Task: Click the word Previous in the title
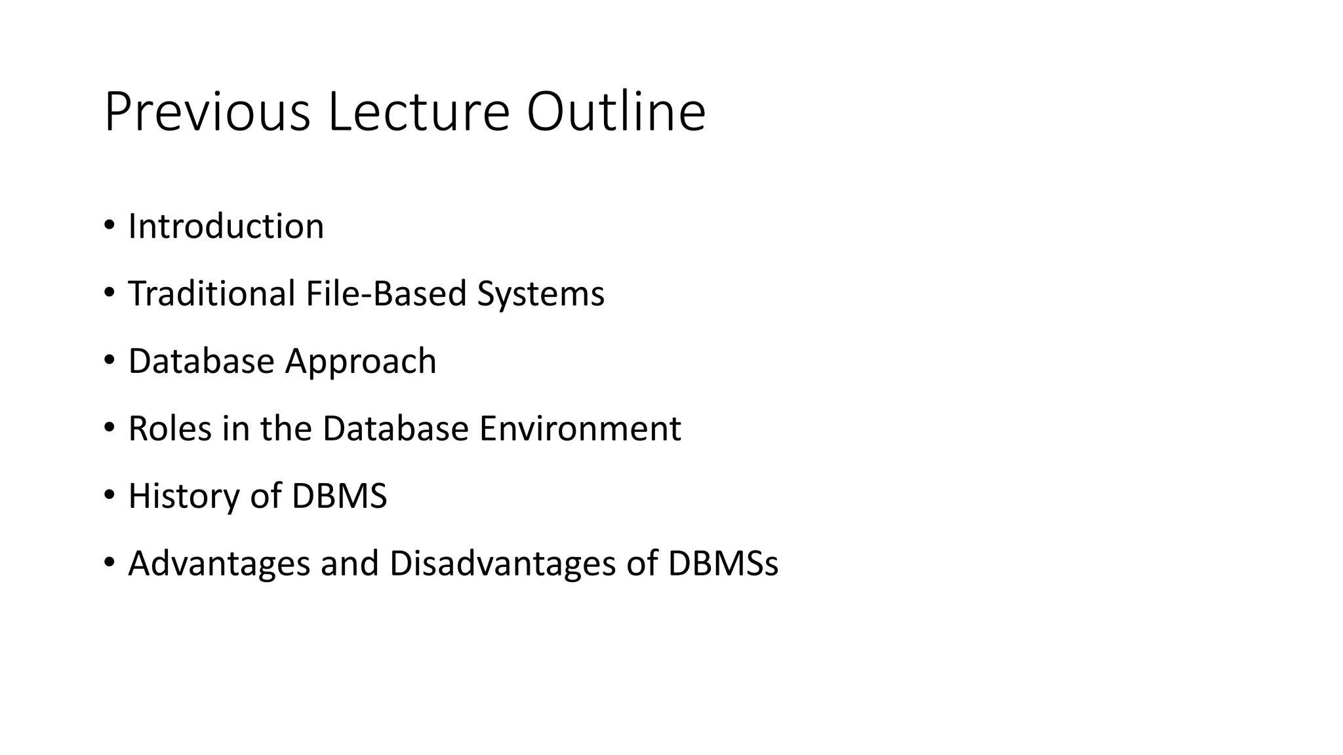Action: [x=207, y=113]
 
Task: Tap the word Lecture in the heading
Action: [x=418, y=113]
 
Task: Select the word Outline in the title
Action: [x=616, y=113]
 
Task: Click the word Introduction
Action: [x=226, y=227]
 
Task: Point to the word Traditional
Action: [x=211, y=294]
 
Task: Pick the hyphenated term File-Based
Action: [x=386, y=294]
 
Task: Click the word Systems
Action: [x=540, y=295]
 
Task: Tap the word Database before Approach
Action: [x=201, y=361]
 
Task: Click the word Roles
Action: [x=170, y=429]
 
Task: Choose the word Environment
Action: [x=580, y=429]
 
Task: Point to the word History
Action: [x=184, y=497]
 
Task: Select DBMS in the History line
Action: [x=339, y=496]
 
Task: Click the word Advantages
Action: [x=218, y=564]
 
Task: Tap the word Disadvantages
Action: [x=502, y=564]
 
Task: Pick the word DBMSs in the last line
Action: [x=723, y=564]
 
